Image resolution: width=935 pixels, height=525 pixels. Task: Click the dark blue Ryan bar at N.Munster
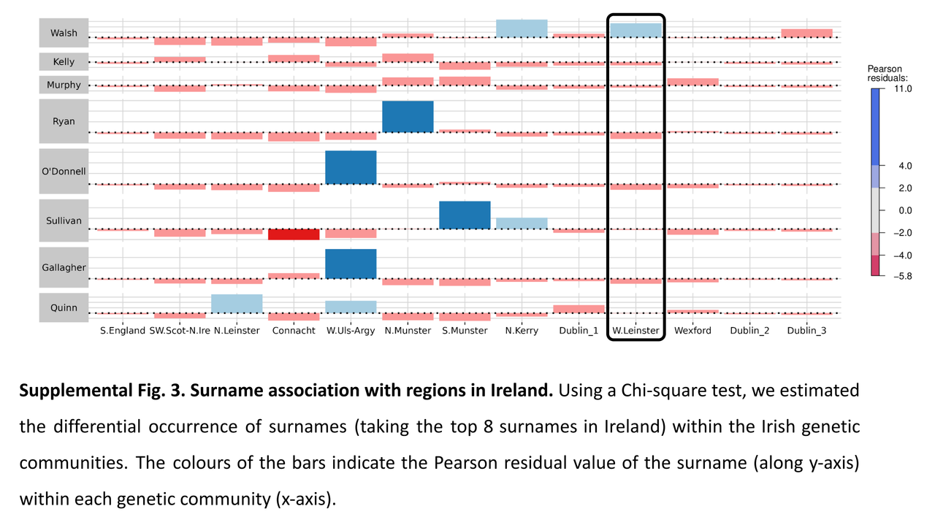pos(408,117)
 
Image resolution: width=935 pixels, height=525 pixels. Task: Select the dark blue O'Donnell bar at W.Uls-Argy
pos(351,167)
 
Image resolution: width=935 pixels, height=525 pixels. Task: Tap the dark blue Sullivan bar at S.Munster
pos(465,215)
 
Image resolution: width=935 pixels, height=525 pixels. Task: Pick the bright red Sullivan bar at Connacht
pos(294,234)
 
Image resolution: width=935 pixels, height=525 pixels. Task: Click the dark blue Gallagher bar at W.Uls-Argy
pos(351,264)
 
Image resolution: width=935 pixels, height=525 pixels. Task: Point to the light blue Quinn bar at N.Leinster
pos(237,303)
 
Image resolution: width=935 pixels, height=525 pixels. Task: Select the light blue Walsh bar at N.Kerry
pos(522,28)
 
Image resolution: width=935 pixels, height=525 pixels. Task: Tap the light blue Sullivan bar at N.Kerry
pos(522,223)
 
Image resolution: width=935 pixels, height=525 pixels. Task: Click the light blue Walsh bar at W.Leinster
pos(636,30)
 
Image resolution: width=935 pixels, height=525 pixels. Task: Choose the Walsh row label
pos(64,34)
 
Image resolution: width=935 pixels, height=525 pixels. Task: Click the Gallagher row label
pos(64,267)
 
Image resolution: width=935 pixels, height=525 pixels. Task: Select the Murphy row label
pos(64,85)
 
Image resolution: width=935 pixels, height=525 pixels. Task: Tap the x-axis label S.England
pos(123,331)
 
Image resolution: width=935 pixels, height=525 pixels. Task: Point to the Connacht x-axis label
pos(294,331)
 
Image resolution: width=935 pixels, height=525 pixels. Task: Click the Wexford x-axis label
pos(692,331)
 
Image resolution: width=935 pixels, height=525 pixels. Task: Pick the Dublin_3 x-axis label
pos(807,331)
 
